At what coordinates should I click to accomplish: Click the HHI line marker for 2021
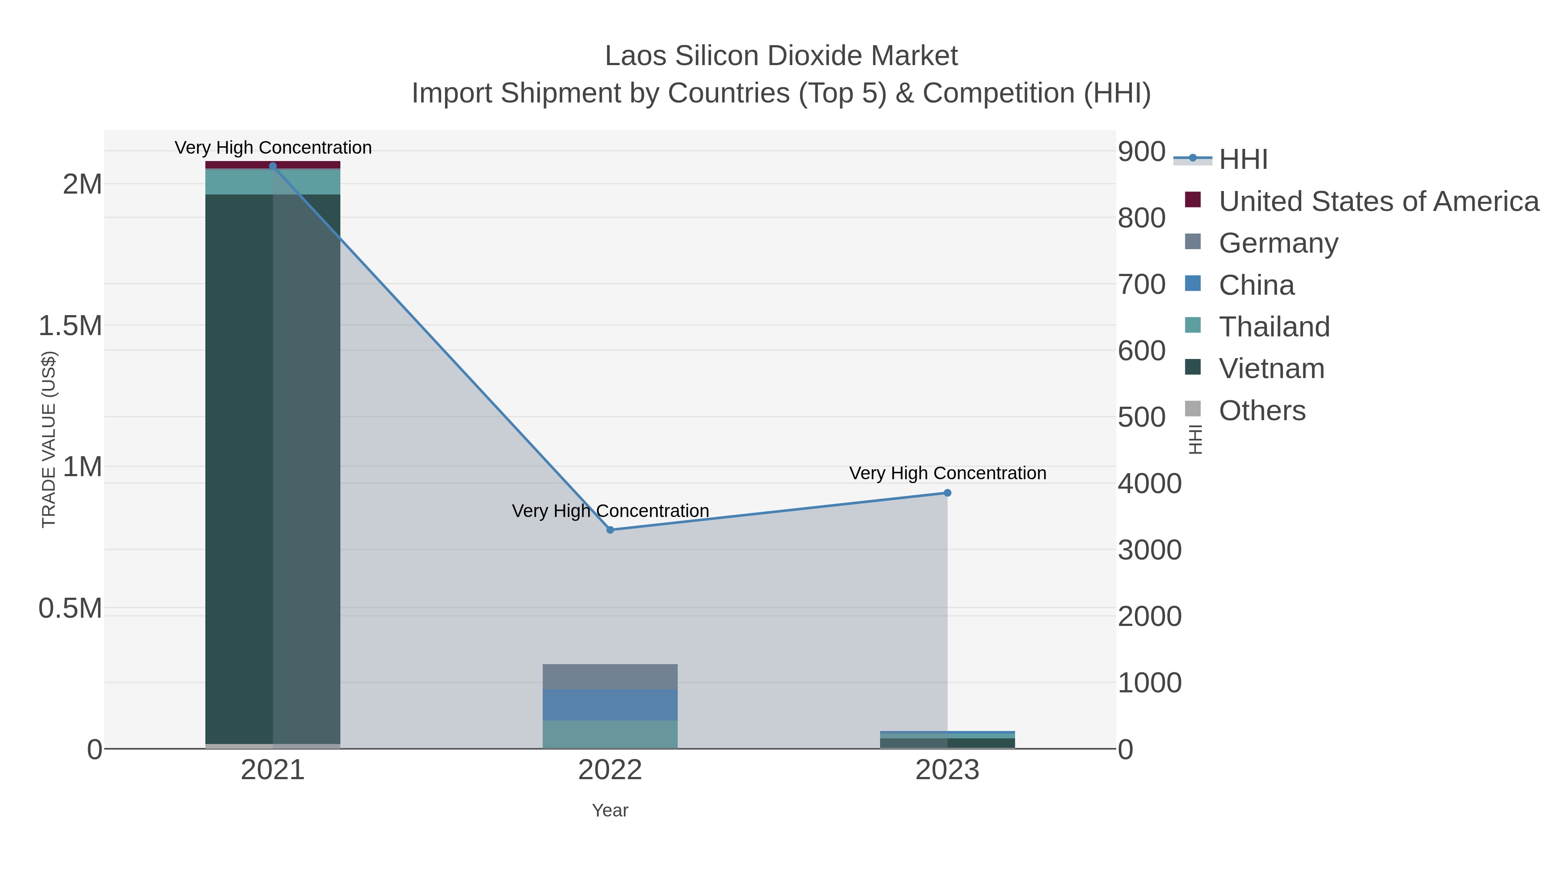[x=272, y=166]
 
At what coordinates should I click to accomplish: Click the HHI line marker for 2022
[x=610, y=530]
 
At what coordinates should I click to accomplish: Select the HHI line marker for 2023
[x=947, y=493]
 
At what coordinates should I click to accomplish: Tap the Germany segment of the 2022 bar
[x=610, y=676]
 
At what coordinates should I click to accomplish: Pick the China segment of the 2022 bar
[x=610, y=705]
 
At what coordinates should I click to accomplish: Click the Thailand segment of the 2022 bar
[x=610, y=734]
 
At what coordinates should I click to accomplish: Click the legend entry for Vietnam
[x=1271, y=368]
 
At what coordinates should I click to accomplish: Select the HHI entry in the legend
[x=1243, y=159]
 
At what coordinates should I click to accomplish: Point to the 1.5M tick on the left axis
[x=70, y=326]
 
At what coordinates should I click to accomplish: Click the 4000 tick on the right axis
[x=1150, y=484]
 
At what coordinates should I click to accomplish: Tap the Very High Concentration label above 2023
[x=947, y=473]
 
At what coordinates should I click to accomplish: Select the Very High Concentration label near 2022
[x=610, y=511]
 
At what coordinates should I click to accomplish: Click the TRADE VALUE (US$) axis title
[x=49, y=439]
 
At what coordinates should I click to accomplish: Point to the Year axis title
[x=610, y=810]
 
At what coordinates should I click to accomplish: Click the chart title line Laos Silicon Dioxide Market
[x=781, y=56]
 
